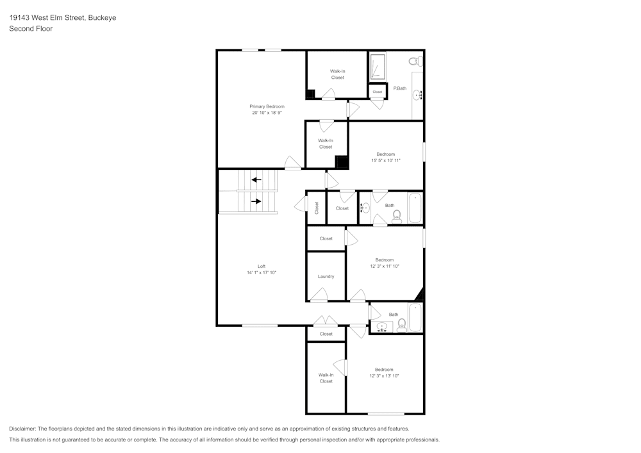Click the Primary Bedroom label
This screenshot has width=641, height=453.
click(x=267, y=106)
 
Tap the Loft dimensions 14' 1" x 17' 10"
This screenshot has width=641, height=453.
click(x=262, y=272)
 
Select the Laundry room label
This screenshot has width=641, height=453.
click(x=326, y=277)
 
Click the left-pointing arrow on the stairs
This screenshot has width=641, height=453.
click(x=256, y=179)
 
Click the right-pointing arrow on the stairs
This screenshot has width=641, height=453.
click(x=256, y=201)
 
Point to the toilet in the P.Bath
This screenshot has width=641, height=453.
click(x=415, y=62)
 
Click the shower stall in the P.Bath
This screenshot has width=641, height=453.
click(x=378, y=67)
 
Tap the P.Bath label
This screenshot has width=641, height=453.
click(x=400, y=88)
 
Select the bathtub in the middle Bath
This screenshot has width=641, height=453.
click(x=415, y=208)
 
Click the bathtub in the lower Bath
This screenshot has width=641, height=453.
click(x=415, y=318)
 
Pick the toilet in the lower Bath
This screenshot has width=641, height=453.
click(x=402, y=326)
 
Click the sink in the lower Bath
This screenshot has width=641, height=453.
click(x=381, y=327)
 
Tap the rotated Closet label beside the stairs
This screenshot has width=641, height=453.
click(x=317, y=208)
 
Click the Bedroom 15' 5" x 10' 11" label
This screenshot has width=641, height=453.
click(x=385, y=154)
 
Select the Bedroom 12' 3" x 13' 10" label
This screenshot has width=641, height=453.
click(x=384, y=370)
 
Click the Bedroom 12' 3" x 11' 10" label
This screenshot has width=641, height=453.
click(x=385, y=260)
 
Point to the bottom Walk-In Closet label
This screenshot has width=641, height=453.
click(x=326, y=378)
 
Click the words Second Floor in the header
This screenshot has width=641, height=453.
click(x=31, y=29)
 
